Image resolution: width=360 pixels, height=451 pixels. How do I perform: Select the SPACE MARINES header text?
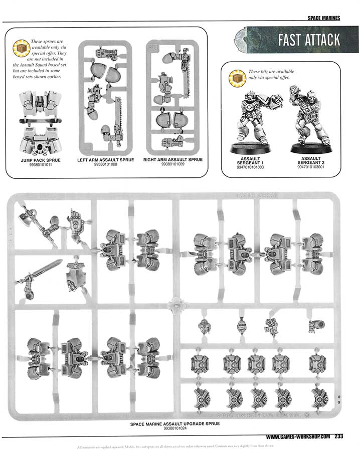point(324,19)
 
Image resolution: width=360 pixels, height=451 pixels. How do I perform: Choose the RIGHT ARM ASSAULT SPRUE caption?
point(173,160)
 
